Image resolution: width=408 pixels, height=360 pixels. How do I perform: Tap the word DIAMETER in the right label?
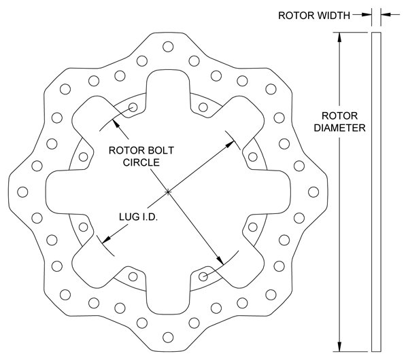coord(339,128)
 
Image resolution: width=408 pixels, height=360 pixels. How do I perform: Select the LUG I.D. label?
coord(139,217)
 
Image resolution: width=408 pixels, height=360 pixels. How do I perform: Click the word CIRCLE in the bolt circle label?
coord(141,162)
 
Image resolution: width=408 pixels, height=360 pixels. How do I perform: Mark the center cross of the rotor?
coord(168,192)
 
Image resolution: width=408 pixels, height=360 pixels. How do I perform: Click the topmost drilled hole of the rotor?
coord(168,46)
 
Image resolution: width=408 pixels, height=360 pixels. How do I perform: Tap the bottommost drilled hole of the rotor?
coord(168,338)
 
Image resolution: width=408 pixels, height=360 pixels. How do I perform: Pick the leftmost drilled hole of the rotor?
coord(22,192)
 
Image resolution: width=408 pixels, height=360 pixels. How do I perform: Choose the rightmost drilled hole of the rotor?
coord(313,192)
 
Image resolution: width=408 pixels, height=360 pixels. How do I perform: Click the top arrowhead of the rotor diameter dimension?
coord(339,37)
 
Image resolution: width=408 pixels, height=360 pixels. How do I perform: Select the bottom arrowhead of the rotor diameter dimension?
coord(339,346)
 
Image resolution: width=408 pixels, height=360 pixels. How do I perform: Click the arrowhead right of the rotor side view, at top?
coord(386,15)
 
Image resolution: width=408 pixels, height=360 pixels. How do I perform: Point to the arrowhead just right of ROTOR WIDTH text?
coord(367,15)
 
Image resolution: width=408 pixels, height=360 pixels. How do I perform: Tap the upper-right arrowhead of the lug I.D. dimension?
coord(230,144)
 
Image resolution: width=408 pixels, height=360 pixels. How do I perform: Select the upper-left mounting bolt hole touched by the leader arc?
coord(133,107)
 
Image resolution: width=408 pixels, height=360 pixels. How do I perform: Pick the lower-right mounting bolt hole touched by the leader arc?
coord(203,276)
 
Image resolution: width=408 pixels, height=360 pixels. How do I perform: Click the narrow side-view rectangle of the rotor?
coord(376,192)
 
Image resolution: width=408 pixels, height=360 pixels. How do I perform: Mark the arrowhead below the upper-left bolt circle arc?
coord(116,124)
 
